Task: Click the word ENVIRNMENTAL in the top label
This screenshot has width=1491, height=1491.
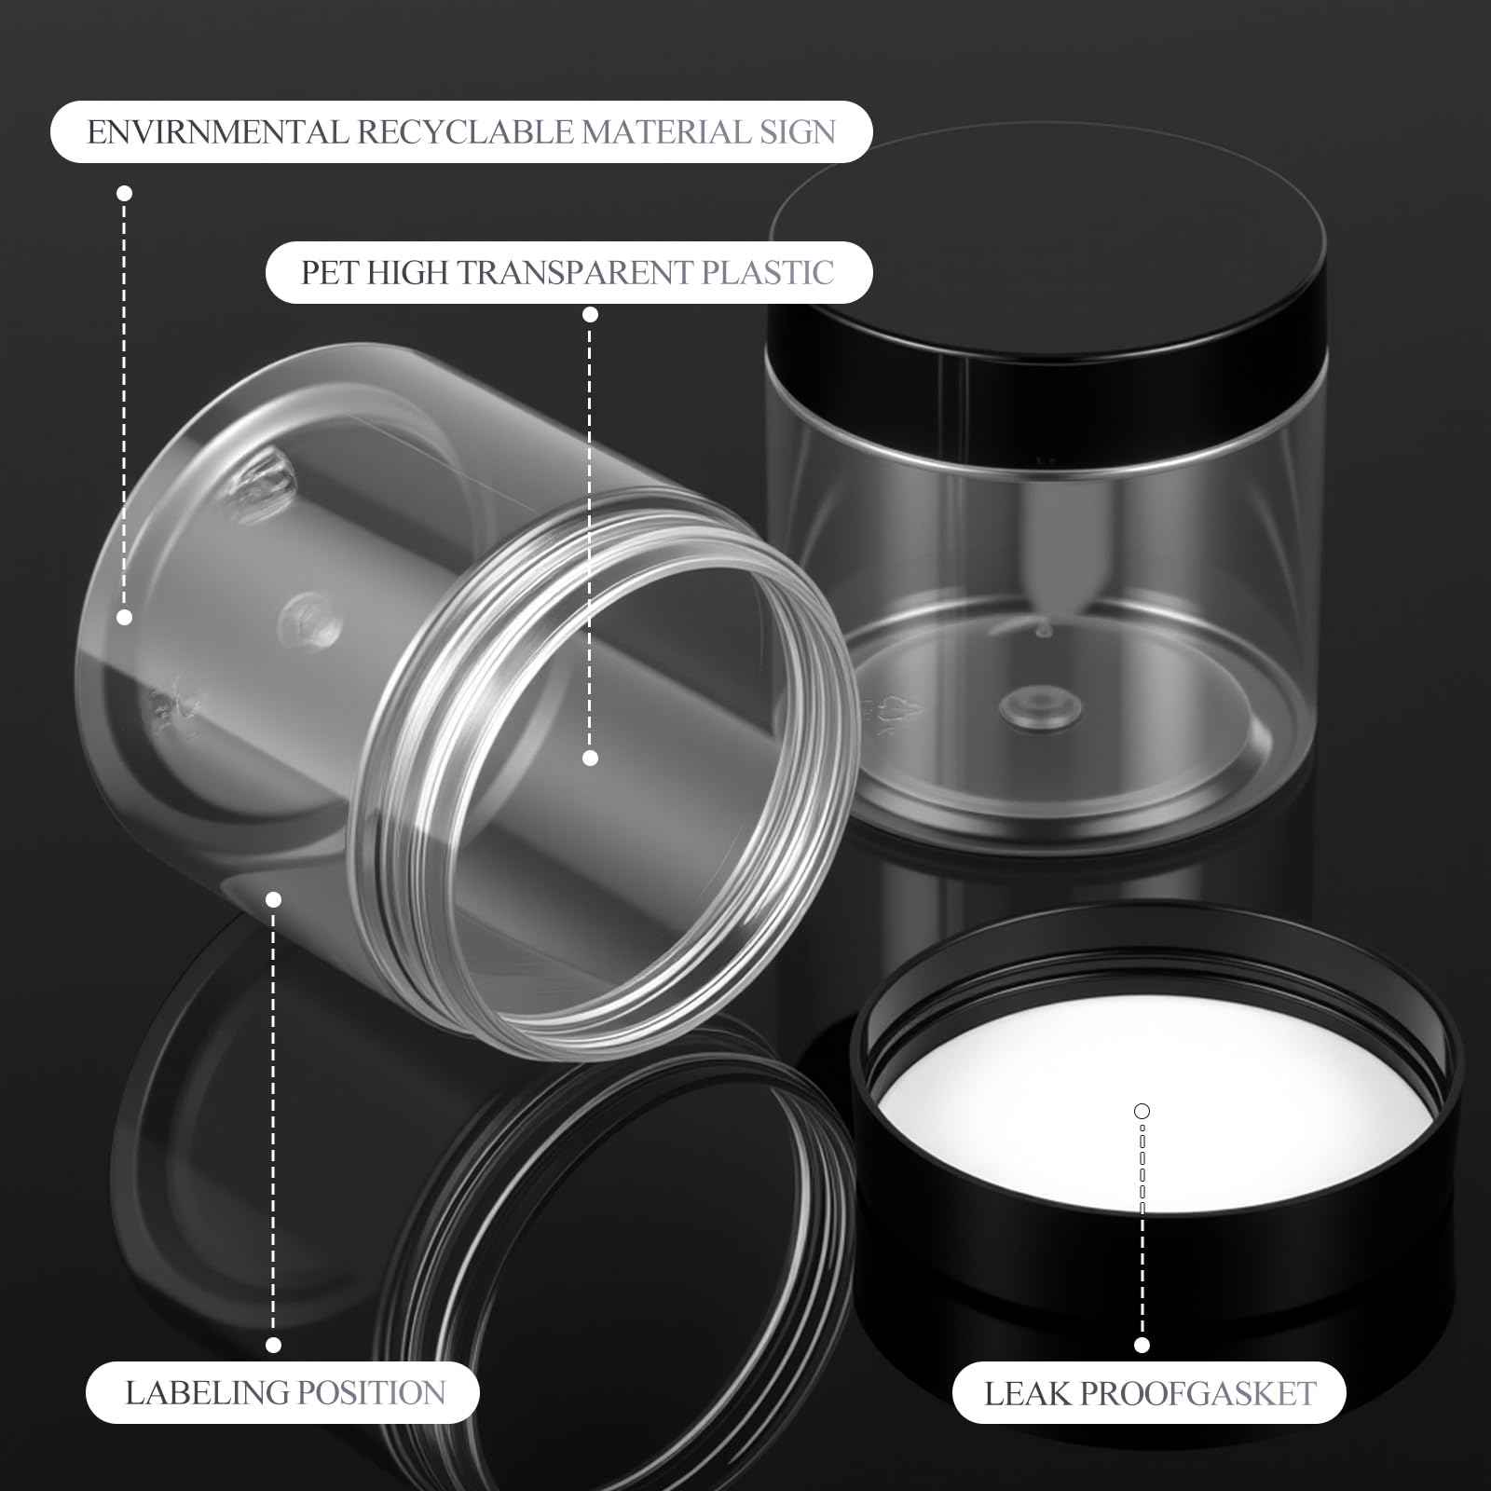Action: click(x=216, y=132)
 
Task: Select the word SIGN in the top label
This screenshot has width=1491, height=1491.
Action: click(x=797, y=132)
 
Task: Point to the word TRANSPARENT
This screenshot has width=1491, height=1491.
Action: click(x=575, y=273)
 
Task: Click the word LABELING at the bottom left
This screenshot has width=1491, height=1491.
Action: click(x=207, y=1393)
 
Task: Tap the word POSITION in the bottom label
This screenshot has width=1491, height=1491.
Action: click(x=371, y=1393)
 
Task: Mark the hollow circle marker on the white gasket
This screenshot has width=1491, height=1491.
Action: click(x=1142, y=1111)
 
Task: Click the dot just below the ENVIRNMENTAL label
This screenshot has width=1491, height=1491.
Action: click(x=124, y=193)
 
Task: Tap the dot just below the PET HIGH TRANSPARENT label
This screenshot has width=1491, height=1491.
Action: click(x=590, y=314)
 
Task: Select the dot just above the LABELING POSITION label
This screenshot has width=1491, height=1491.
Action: click(x=273, y=1345)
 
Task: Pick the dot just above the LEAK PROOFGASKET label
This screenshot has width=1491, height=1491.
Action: click(x=1142, y=1345)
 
